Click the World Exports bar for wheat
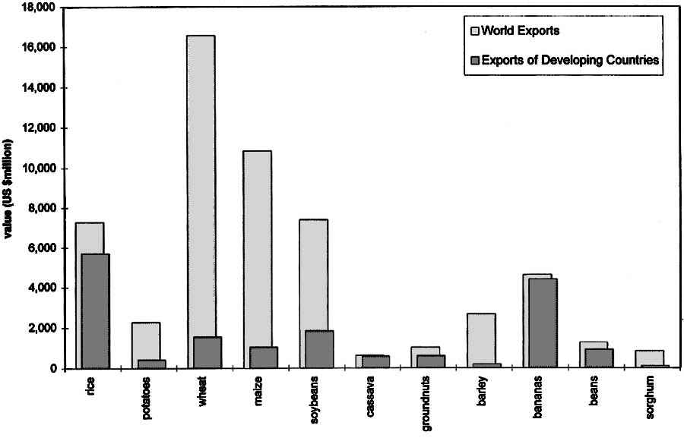(x=200, y=190)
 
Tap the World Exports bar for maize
(x=257, y=243)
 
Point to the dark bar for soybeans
(x=319, y=349)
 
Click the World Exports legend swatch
(x=475, y=31)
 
